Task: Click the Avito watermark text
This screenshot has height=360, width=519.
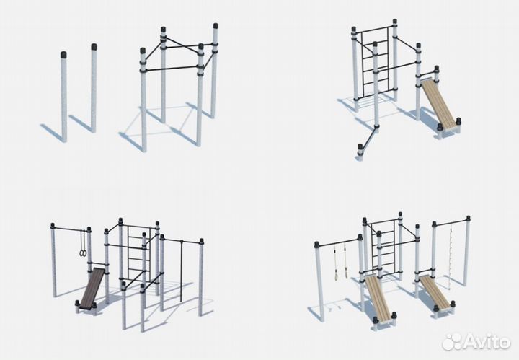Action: [487, 341]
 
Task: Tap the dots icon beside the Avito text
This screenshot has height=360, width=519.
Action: [452, 341]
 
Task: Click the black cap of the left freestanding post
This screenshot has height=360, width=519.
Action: [64, 55]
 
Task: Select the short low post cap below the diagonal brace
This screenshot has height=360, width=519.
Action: [360, 147]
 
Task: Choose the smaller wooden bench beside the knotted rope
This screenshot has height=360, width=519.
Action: [435, 291]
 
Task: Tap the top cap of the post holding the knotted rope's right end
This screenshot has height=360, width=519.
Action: [468, 219]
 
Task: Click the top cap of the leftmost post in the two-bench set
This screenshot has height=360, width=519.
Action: [316, 245]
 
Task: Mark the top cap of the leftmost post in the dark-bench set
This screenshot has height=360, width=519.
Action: [53, 226]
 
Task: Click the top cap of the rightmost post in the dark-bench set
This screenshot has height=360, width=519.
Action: [201, 241]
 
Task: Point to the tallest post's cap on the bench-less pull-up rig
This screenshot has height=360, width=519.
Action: [216, 26]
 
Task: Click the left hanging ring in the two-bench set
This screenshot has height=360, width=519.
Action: [336, 262]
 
